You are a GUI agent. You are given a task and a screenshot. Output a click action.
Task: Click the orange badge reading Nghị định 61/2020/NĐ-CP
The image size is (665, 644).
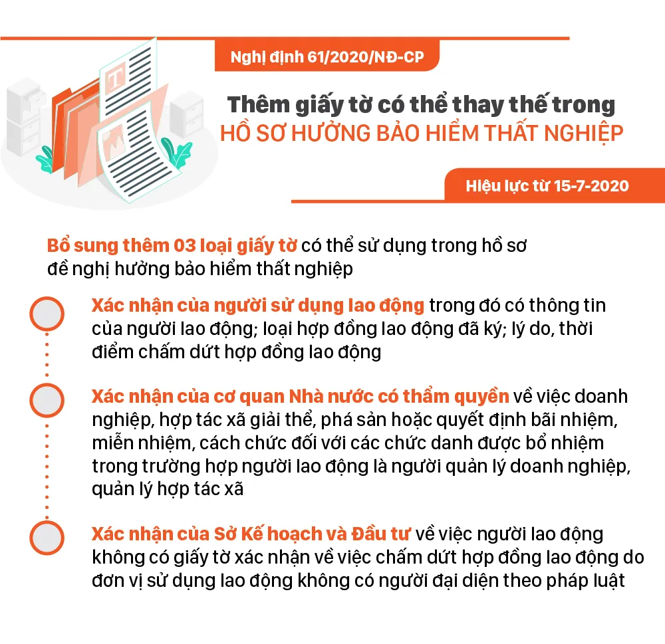pyautogui.click(x=327, y=56)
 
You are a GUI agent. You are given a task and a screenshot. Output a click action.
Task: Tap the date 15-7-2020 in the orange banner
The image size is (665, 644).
pyautogui.click(x=591, y=185)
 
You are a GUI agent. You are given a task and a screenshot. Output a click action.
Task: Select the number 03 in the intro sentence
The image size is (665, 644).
pyautogui.click(x=184, y=245)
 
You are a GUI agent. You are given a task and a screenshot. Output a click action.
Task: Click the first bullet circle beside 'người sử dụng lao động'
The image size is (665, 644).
pyautogui.click(x=47, y=314)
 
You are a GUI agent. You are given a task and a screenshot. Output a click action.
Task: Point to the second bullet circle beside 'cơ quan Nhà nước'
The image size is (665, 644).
pyautogui.click(x=47, y=400)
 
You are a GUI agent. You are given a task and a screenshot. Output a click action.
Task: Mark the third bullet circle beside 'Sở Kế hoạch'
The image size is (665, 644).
pyautogui.click(x=47, y=538)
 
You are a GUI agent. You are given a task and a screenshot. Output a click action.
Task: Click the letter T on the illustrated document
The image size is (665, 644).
pyautogui.click(x=114, y=79)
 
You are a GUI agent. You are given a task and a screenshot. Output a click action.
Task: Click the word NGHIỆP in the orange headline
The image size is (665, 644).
pyautogui.click(x=584, y=133)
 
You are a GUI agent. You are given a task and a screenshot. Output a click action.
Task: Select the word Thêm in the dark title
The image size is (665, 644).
pyautogui.click(x=259, y=104)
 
